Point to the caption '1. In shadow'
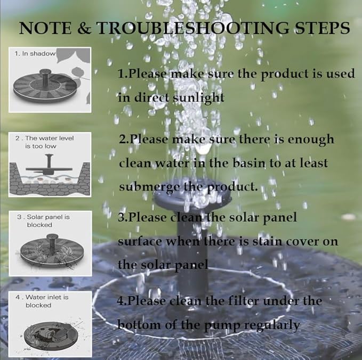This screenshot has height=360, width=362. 35,53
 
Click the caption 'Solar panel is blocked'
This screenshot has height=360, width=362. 45,221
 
